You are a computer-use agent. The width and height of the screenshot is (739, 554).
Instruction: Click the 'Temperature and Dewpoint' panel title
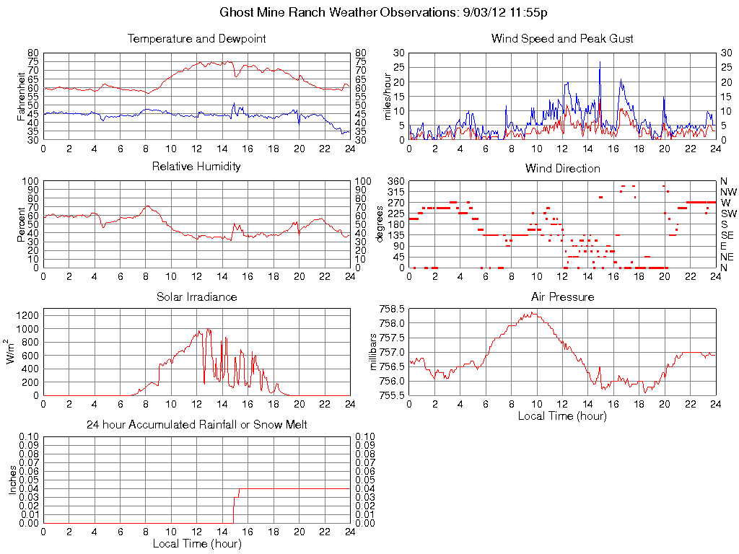196,38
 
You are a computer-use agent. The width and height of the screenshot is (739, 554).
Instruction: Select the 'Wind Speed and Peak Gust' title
561,38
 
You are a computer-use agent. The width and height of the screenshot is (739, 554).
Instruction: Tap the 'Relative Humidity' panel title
196,167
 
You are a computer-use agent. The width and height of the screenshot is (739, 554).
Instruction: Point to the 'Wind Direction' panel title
562,168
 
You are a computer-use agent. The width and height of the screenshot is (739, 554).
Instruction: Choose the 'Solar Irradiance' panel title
196,296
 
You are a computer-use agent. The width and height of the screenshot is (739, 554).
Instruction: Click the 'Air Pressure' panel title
562,296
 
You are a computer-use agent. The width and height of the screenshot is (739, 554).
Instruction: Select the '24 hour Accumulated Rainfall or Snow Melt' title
196,425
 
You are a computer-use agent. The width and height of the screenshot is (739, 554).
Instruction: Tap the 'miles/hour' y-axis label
387,96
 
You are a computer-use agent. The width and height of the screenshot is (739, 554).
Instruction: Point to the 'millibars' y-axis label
374,352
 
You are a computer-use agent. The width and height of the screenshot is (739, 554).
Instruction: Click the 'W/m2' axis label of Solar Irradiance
12,352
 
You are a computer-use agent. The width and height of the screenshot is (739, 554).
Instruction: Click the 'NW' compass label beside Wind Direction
727,192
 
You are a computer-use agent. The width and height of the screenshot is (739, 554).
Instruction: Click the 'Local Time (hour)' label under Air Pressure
562,415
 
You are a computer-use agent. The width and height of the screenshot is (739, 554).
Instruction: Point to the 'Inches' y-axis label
12,480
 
